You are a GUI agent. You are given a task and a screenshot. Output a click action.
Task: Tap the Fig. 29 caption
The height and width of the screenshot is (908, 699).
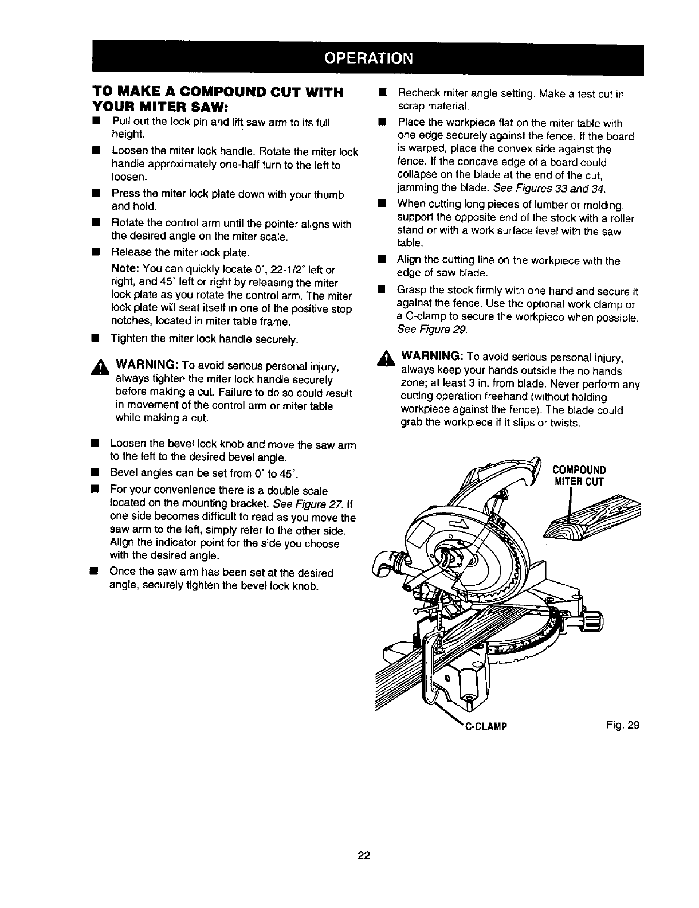point(624,725)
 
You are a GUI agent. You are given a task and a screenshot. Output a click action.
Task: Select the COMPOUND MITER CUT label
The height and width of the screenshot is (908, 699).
point(578,476)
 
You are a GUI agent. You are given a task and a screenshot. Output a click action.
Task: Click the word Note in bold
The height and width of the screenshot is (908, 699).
point(123,269)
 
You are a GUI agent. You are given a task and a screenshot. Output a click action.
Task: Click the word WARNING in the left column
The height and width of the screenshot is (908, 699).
point(148,366)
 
